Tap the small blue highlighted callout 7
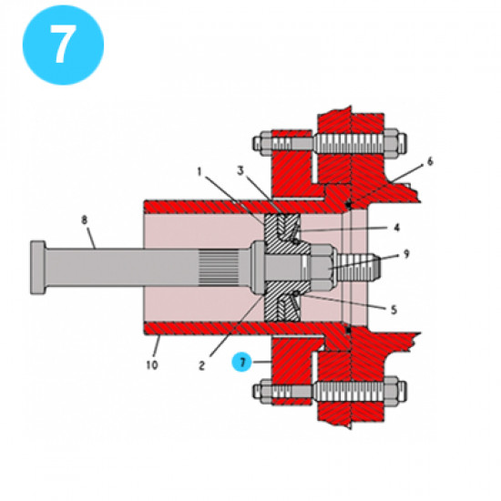(x=242, y=362)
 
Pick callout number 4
(x=396, y=228)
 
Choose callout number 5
(x=394, y=309)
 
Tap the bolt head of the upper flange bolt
(x=258, y=142)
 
